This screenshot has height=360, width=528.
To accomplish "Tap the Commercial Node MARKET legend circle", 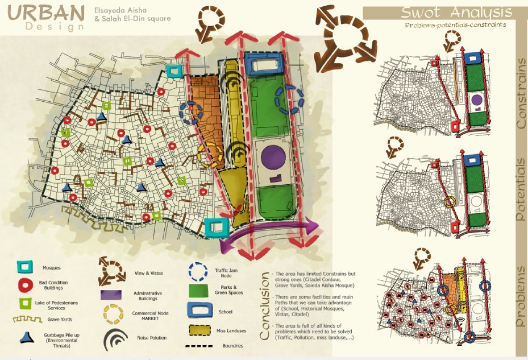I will click(x=114, y=314).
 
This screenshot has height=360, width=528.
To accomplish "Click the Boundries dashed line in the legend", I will click(x=201, y=345).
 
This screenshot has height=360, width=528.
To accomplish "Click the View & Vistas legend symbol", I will click(x=113, y=272).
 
